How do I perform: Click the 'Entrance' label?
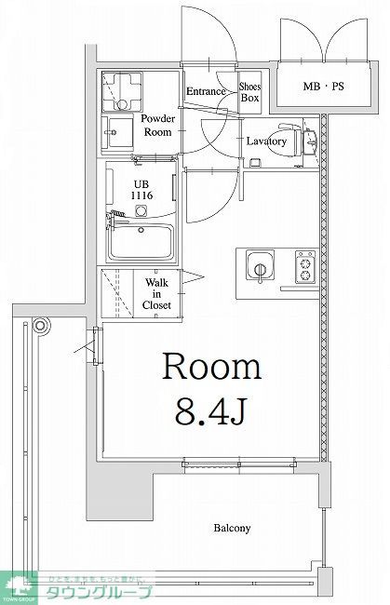tap(206, 91)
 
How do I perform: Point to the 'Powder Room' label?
tap(157, 126)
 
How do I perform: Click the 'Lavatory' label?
tap(265, 141)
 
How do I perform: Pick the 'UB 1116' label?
tap(140, 190)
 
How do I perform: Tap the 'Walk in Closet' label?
tap(156, 292)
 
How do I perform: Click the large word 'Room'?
tap(211, 367)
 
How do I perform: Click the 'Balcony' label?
tap(232, 529)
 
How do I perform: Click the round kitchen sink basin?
tap(257, 271)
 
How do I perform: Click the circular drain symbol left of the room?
tap(40, 327)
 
